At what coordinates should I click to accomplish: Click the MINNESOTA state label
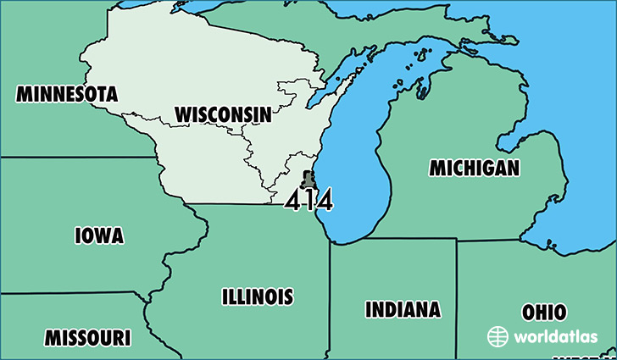point(66,93)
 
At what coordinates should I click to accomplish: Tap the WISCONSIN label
point(223,114)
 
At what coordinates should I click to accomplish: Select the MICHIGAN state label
point(474,168)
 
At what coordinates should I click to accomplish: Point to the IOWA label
point(99,235)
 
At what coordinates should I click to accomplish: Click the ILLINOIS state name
point(258,296)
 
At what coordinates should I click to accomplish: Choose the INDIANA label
point(403,309)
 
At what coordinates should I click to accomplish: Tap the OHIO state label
point(544,312)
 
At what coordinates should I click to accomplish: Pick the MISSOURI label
point(87,338)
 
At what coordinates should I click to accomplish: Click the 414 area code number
point(308,200)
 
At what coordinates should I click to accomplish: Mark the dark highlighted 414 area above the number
point(308,179)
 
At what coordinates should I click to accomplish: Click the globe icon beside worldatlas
point(497,336)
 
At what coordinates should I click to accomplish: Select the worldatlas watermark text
point(548,336)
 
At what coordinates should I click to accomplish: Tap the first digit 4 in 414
point(293,200)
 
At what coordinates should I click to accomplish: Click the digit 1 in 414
point(308,200)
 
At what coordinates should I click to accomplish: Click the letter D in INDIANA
point(392,309)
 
